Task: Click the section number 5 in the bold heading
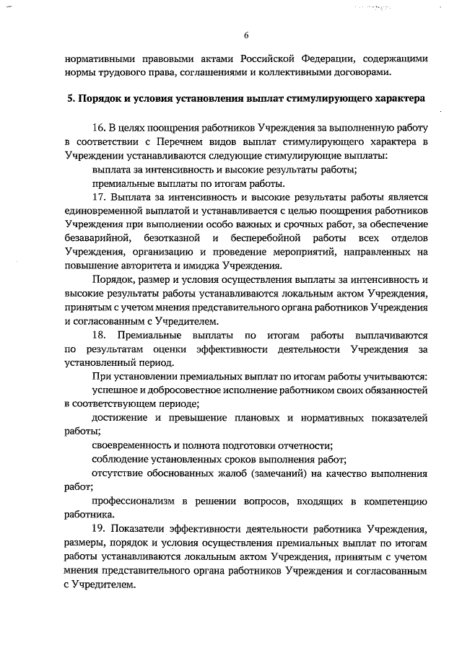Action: tap(62, 97)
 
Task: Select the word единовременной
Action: tap(100, 211)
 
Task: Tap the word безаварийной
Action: tap(97, 238)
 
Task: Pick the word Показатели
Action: tap(143, 529)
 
